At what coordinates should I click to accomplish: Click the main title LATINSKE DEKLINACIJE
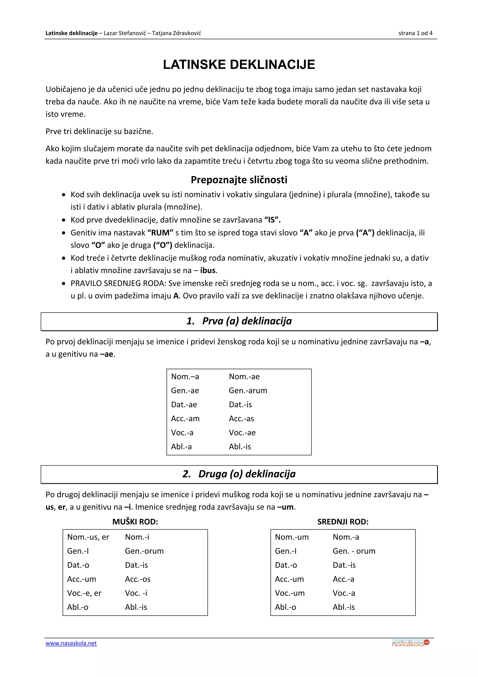point(239,64)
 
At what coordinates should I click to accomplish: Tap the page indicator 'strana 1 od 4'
point(415,33)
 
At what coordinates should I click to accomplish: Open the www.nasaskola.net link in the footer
point(71,643)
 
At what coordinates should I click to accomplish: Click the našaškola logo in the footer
point(411,643)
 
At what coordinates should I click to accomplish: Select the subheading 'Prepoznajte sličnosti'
point(239,180)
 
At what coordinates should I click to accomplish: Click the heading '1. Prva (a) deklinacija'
point(239,321)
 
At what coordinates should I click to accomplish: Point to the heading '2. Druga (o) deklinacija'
point(239,474)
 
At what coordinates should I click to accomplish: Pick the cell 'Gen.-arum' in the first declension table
point(248,390)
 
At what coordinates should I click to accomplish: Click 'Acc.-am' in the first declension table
point(185,418)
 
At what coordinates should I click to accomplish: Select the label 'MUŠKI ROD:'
point(135,522)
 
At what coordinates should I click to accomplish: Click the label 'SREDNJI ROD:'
point(343,522)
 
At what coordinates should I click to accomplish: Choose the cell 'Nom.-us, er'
point(88,537)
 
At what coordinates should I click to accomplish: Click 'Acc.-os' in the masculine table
point(137,579)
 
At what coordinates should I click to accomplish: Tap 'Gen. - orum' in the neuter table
point(354,551)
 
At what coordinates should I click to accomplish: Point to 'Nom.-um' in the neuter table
point(292,537)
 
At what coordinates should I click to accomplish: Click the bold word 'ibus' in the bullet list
point(208,270)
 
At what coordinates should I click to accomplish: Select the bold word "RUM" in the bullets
point(160,233)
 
